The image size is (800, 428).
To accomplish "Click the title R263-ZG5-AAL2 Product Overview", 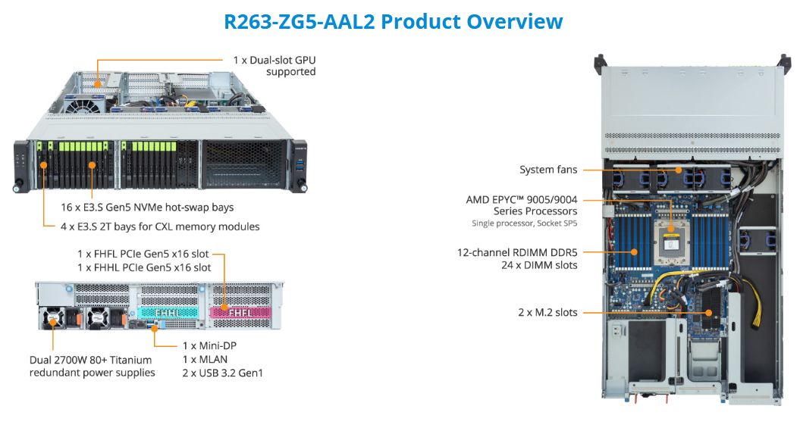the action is pyautogui.click(x=394, y=21).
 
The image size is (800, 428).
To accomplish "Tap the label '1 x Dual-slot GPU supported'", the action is pyautogui.click(x=275, y=66).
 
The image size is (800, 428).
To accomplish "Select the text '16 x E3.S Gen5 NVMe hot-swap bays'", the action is pyautogui.click(x=147, y=208).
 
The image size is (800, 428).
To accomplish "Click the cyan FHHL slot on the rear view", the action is pyautogui.click(x=168, y=312).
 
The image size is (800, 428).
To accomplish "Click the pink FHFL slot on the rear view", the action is pyautogui.click(x=240, y=312).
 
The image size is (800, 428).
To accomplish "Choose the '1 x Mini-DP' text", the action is pyautogui.click(x=210, y=345).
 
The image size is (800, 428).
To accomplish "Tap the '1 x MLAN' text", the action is pyautogui.click(x=205, y=359).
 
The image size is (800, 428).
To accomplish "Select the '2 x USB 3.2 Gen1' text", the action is pyautogui.click(x=223, y=373).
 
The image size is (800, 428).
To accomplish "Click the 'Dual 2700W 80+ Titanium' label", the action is pyautogui.click(x=91, y=360).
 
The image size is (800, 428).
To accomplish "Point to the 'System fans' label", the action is pyautogui.click(x=548, y=170).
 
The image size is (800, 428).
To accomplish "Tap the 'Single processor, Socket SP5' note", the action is pyautogui.click(x=525, y=223).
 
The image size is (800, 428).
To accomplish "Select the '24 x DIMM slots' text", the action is pyautogui.click(x=539, y=265).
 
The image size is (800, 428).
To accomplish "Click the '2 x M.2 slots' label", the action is pyautogui.click(x=548, y=312).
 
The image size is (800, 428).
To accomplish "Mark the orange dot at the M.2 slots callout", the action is pyautogui.click(x=709, y=312).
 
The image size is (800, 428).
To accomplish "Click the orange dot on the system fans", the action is pyautogui.click(x=679, y=170).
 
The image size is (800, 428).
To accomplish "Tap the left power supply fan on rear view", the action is pyautogui.click(x=52, y=319).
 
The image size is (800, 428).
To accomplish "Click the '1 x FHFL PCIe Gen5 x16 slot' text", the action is pyautogui.click(x=143, y=254).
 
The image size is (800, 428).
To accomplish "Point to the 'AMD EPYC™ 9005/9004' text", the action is pyautogui.click(x=522, y=200).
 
